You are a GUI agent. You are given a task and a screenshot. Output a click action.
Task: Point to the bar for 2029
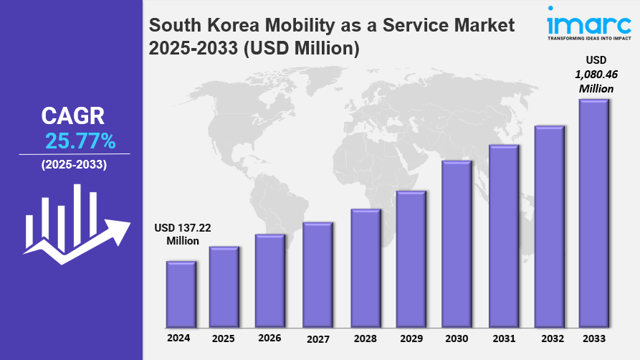coord(411,257)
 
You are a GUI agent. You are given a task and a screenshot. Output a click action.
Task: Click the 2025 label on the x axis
coord(223,338)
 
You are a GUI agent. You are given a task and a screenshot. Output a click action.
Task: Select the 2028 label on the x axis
coord(364,338)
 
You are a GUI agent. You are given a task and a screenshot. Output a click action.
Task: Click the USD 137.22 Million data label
coord(183,234)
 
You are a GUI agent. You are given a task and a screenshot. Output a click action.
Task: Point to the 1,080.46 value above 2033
coord(596,74)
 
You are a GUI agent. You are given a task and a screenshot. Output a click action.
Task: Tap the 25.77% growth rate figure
coord(80,140)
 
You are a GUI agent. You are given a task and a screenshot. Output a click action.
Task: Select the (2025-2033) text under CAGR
coord(74,165)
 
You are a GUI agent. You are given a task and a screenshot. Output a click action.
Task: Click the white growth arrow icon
coord(77,224)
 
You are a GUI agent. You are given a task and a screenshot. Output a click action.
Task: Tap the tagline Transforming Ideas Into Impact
coord(589,38)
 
